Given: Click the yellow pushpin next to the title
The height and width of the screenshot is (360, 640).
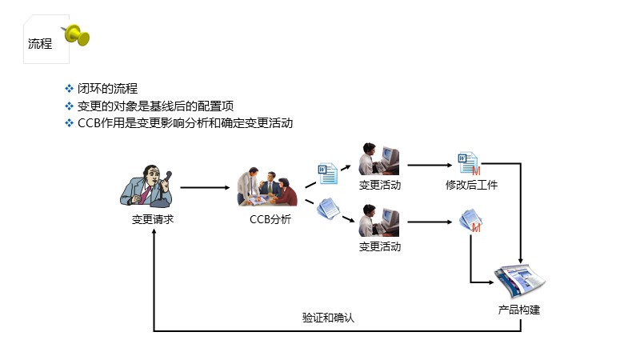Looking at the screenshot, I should (x=77, y=34).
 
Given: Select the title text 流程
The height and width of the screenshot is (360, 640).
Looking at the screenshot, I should (x=40, y=44).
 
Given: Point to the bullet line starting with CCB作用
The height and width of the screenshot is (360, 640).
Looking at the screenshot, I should (x=184, y=123).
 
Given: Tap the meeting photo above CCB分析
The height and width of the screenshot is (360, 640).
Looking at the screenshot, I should (x=266, y=189).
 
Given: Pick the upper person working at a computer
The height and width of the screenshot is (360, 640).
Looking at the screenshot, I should (x=379, y=159).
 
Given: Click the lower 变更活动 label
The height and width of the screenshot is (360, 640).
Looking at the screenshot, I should (x=380, y=246).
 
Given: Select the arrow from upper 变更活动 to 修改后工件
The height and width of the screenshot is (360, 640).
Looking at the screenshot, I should (x=430, y=166).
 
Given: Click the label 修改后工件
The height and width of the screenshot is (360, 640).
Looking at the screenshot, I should (x=472, y=186).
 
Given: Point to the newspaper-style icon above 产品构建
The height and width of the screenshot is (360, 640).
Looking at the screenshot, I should (x=519, y=281).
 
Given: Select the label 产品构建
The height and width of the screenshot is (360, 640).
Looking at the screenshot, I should (x=519, y=310).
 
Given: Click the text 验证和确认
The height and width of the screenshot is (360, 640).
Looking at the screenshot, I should (x=328, y=318).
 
